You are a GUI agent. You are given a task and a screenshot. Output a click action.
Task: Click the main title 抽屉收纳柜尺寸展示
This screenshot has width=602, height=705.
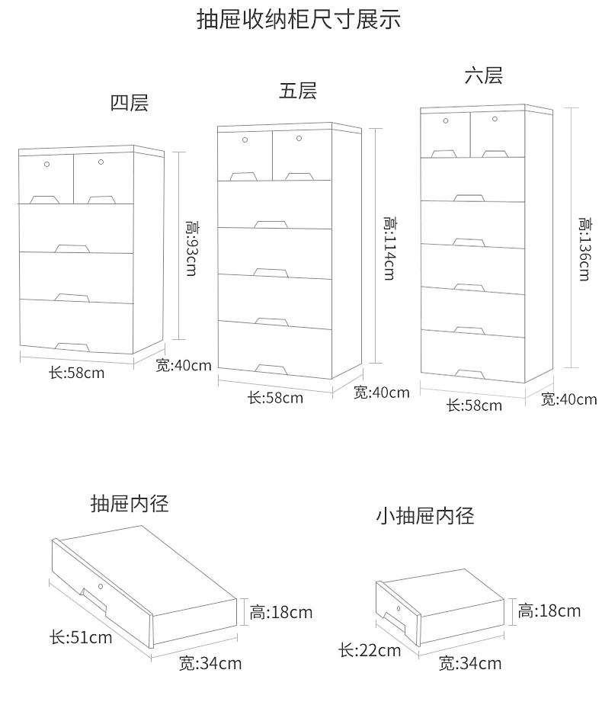(299, 20)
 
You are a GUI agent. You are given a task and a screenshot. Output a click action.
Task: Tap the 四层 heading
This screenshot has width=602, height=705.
(130, 103)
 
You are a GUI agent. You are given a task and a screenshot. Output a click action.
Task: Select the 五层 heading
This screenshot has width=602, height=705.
(298, 91)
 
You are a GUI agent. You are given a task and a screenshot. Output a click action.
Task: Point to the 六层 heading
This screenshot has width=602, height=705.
(484, 75)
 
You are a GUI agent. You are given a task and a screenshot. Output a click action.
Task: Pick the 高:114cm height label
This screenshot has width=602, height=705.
(390, 248)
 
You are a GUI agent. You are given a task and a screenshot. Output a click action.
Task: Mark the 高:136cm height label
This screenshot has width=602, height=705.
(584, 249)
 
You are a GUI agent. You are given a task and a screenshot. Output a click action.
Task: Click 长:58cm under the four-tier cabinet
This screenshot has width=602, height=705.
(77, 373)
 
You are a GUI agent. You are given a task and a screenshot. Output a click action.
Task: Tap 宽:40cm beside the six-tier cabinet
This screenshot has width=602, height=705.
(568, 399)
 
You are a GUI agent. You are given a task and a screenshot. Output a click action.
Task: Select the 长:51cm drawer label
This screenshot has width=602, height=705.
(81, 637)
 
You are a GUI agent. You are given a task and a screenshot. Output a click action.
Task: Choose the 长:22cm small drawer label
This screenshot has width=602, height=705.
(370, 650)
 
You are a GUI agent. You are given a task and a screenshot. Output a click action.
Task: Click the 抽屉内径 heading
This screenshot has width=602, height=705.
(130, 504)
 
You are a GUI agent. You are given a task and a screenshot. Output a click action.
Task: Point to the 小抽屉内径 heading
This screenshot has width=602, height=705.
(425, 516)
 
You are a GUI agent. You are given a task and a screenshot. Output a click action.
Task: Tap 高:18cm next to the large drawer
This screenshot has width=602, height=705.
(281, 612)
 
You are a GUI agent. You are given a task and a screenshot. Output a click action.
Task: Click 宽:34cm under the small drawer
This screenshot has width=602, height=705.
(470, 663)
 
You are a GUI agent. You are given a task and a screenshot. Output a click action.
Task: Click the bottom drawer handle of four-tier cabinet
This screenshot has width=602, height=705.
(72, 347)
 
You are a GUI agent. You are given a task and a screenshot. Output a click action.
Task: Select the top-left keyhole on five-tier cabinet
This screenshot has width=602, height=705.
(245, 139)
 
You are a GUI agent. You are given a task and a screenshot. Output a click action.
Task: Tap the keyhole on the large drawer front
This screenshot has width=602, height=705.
(101, 586)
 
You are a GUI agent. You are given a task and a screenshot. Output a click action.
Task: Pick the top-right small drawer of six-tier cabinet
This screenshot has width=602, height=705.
(498, 134)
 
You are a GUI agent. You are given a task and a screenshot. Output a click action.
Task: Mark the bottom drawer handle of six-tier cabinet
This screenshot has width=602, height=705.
(470, 374)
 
